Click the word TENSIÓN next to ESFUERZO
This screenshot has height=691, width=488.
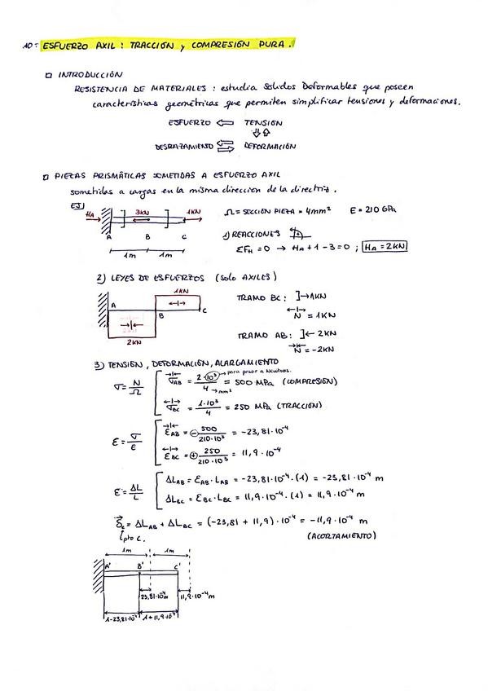tap(263, 122)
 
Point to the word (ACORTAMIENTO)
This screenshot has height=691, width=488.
tap(341, 537)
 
